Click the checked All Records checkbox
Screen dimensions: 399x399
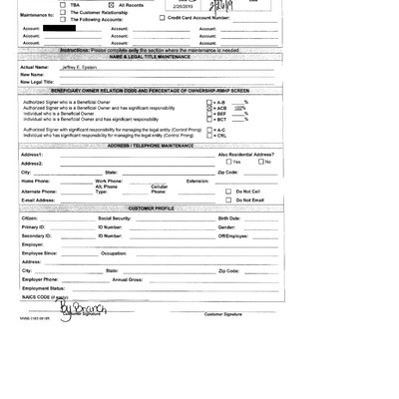coord(112,5)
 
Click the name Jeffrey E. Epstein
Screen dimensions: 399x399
coord(84,66)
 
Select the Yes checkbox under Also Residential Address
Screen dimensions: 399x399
coord(228,162)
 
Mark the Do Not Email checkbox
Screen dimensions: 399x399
coord(228,199)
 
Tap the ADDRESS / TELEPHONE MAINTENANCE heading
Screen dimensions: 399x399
coord(150,146)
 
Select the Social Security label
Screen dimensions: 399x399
coord(114,217)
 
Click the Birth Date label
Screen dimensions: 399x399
coord(229,217)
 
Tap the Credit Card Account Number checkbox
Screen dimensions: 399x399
coord(164,18)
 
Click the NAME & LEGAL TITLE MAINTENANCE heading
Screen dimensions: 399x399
coord(151,57)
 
